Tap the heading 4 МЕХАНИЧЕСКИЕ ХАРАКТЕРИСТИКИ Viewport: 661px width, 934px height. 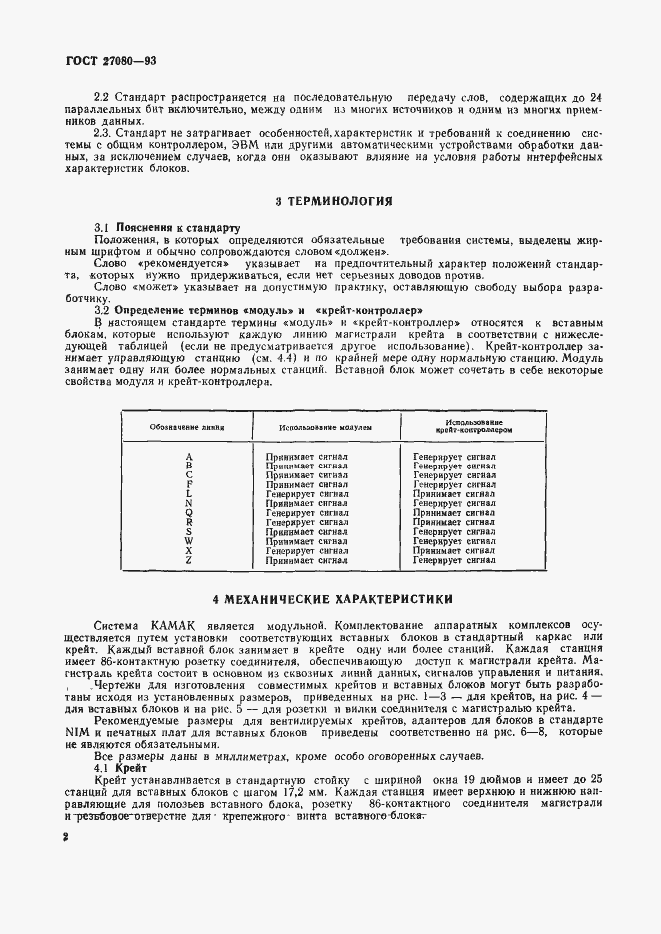point(334,599)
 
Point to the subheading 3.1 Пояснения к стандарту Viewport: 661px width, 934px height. point(168,228)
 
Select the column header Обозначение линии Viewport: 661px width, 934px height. point(187,425)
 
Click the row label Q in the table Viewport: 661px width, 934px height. point(188,512)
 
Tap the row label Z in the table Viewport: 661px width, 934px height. point(188,561)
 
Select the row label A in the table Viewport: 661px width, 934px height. point(188,455)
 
